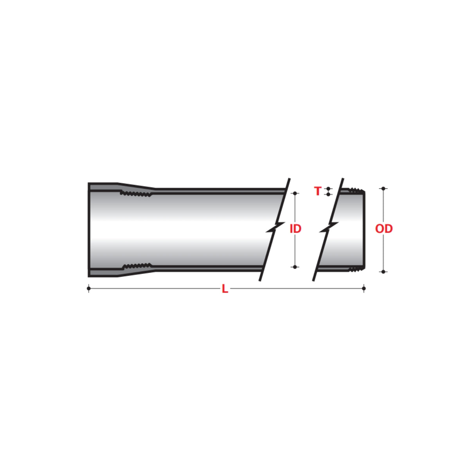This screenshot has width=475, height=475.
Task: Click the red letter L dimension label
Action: pyautogui.click(x=225, y=289)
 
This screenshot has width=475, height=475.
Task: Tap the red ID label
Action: pyautogui.click(x=295, y=229)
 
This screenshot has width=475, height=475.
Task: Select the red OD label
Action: pyautogui.click(x=383, y=229)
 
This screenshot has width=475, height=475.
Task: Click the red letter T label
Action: pyautogui.click(x=318, y=191)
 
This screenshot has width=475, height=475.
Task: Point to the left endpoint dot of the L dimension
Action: pyautogui.click(x=89, y=289)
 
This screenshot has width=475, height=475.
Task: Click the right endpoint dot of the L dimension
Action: pyautogui.click(x=364, y=289)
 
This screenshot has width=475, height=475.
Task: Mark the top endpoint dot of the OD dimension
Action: pyautogui.click(x=383, y=189)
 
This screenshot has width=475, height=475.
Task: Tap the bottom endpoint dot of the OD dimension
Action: pyautogui.click(x=383, y=272)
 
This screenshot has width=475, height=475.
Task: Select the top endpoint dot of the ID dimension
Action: pyautogui.click(x=295, y=193)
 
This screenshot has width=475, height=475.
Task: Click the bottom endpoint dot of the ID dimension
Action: pyautogui.click(x=295, y=267)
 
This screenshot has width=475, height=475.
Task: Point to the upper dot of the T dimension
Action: pyautogui.click(x=328, y=189)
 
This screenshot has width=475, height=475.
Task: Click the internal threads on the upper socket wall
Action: pyautogui.click(x=135, y=193)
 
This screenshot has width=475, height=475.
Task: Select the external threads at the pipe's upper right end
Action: pyautogui.click(x=355, y=191)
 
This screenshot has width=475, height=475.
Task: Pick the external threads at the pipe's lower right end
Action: pyautogui.click(x=355, y=269)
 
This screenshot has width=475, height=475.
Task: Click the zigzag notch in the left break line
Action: pyautogui.click(x=275, y=227)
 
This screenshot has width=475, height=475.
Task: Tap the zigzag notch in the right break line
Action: pyautogui.click(x=329, y=227)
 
